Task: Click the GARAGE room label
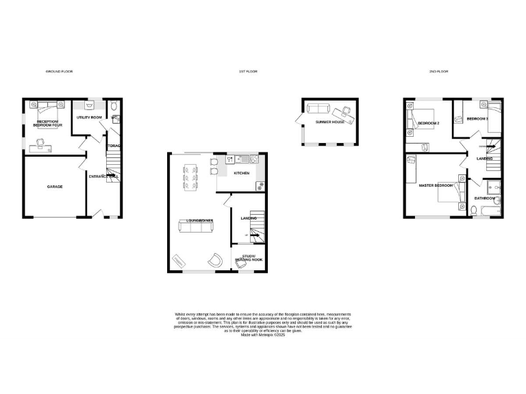(55, 186)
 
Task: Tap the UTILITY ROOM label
(89, 118)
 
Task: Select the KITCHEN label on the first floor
(242, 174)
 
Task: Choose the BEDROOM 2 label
(429, 123)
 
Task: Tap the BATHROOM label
(485, 198)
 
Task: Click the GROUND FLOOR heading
(59, 71)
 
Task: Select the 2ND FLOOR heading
(438, 71)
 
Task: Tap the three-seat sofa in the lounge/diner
(195, 230)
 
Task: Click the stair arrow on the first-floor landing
(254, 235)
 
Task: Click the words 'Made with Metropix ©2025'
(263, 336)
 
